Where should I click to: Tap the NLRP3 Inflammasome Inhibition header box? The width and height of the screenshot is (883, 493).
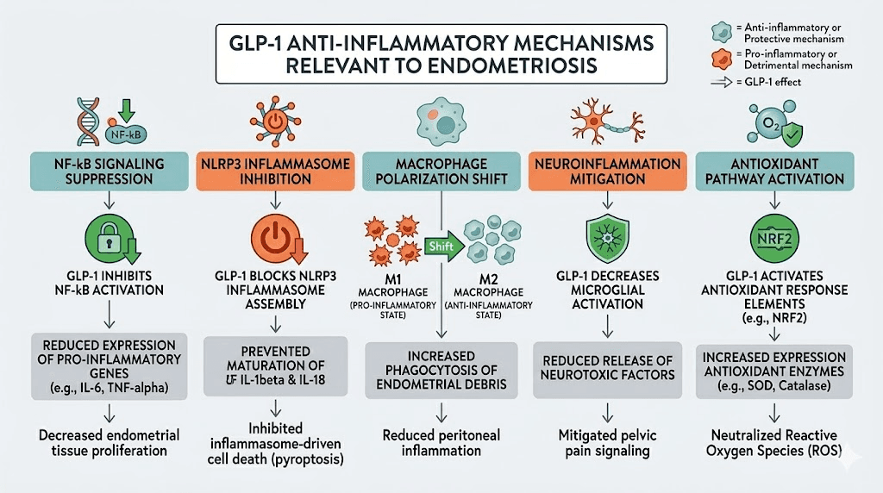point(271,170)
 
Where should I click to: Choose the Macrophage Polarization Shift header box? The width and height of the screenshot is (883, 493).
point(441,170)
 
